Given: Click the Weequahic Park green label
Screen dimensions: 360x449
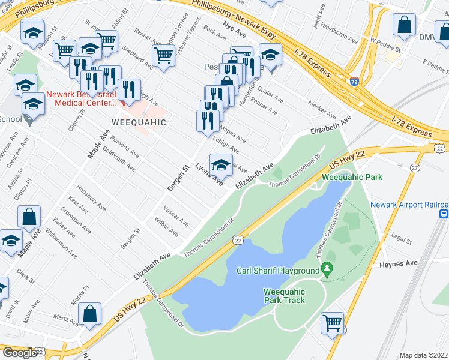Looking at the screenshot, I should tap(352, 177).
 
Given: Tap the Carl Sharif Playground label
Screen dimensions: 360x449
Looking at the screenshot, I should tap(278, 271).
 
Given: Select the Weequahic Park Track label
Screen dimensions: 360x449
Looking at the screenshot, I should tap(284, 296).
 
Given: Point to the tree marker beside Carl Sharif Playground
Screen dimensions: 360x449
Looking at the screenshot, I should tap(327, 270).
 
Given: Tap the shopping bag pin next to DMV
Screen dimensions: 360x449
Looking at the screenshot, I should tap(405, 25).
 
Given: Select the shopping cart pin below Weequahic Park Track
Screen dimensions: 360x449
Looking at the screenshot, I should tap(332, 323).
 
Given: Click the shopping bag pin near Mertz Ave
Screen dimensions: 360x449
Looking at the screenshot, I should tap(89, 314).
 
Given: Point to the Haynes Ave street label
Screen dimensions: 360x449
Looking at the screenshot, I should tap(402, 263).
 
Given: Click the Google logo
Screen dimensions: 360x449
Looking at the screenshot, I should tap(19, 353).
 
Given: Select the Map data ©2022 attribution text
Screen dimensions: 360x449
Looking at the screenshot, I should tap(423, 355).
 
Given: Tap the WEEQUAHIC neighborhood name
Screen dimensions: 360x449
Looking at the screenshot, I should tap(138, 122).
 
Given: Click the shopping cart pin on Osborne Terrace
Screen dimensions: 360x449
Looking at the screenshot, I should tap(163, 56).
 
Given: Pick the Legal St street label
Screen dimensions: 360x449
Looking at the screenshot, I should tap(400, 240).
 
